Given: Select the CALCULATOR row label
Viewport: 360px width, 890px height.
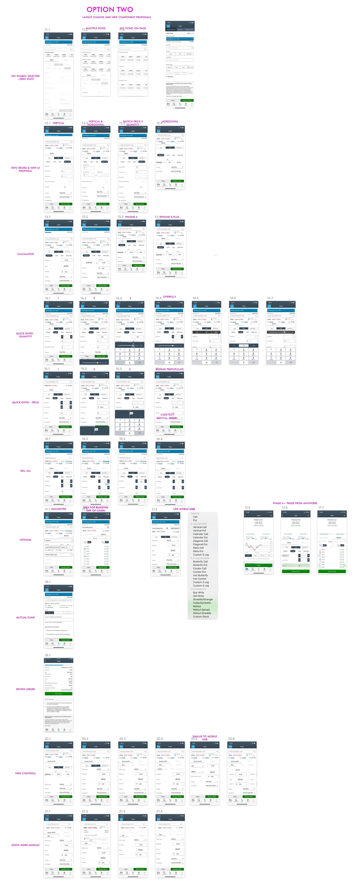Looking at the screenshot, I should [25, 254].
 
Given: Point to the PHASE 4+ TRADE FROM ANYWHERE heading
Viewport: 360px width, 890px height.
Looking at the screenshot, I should [295, 503].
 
